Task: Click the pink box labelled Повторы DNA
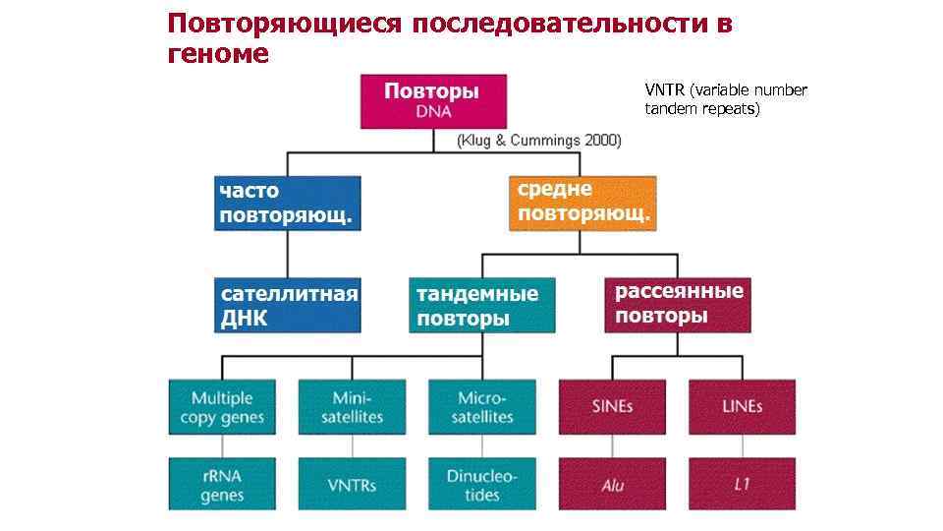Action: click(x=434, y=101)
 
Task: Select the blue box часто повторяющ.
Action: click(x=287, y=204)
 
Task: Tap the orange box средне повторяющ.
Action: click(x=582, y=203)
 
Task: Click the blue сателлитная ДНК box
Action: click(x=287, y=306)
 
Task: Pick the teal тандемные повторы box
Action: click(x=481, y=306)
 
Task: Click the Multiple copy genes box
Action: click(x=222, y=407)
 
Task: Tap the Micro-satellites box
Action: click(x=481, y=407)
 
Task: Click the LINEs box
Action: click(x=741, y=407)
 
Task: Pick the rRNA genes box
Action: click(x=222, y=484)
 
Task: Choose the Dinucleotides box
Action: click(x=481, y=484)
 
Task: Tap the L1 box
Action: click(x=741, y=484)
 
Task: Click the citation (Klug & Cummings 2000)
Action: click(x=538, y=141)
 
